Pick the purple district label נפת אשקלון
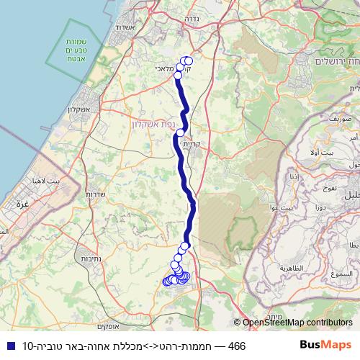pyautogui.click(x=153, y=124)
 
